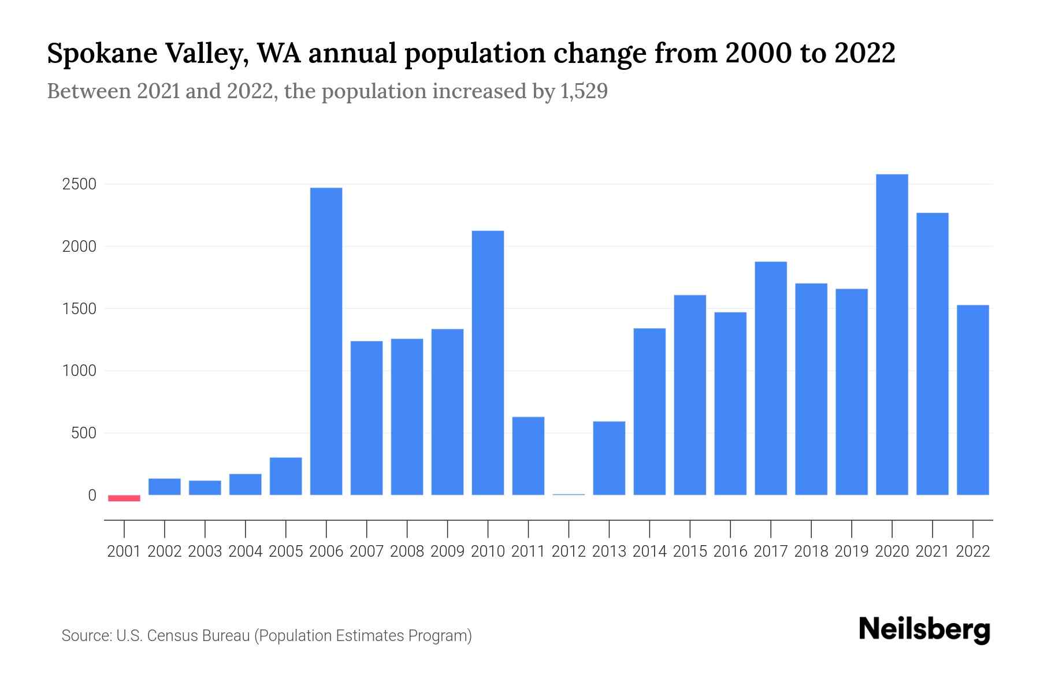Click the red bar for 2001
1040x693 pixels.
(x=124, y=498)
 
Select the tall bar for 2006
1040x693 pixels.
(x=326, y=341)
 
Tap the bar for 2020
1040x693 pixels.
(x=892, y=334)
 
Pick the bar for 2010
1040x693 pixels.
(x=488, y=363)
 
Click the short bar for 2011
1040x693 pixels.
(x=528, y=456)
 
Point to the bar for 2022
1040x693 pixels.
(x=972, y=400)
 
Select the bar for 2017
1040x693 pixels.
(x=770, y=378)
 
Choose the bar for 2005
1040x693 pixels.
(x=286, y=476)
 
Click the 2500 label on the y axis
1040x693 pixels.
(x=79, y=185)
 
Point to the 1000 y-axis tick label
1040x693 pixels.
(x=79, y=371)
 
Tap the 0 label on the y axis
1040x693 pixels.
(x=92, y=495)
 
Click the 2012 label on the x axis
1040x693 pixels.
(x=569, y=552)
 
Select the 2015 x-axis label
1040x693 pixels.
(x=690, y=552)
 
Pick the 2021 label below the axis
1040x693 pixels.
(x=932, y=552)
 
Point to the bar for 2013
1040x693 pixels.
(x=609, y=458)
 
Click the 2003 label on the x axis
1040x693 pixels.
(x=205, y=552)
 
